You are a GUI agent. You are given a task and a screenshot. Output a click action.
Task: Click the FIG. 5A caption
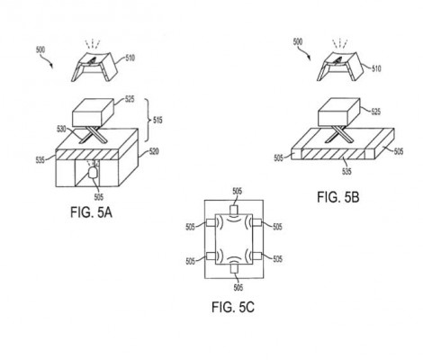click(x=91, y=212)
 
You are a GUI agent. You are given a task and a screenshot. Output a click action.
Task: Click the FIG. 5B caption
click(x=338, y=197)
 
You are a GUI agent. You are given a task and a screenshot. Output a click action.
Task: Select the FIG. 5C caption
click(x=233, y=307)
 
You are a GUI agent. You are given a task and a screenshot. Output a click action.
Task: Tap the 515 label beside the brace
click(x=157, y=121)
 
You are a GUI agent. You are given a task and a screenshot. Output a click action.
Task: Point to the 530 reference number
click(x=61, y=130)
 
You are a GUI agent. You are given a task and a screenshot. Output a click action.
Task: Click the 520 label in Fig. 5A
click(x=154, y=151)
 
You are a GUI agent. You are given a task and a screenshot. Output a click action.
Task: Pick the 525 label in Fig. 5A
click(x=130, y=99)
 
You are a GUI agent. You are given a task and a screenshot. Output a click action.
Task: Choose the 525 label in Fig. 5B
click(x=375, y=112)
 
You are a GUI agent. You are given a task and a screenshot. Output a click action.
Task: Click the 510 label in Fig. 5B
click(x=376, y=68)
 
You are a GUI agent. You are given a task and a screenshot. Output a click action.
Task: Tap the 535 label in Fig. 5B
click(x=346, y=171)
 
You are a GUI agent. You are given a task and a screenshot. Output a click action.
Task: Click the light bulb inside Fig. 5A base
click(x=93, y=173)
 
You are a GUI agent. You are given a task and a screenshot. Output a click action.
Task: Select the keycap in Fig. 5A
click(x=94, y=67)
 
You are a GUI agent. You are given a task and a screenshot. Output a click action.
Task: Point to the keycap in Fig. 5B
click(x=340, y=67)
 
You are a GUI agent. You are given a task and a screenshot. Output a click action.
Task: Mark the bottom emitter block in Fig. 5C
click(x=234, y=269)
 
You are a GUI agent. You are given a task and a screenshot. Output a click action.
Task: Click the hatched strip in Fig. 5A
click(x=87, y=155)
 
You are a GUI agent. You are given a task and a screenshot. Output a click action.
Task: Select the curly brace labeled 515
click(x=148, y=120)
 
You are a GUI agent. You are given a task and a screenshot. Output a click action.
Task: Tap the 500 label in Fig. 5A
click(x=40, y=49)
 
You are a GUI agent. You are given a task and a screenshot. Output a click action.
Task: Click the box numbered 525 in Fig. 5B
click(x=339, y=112)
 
